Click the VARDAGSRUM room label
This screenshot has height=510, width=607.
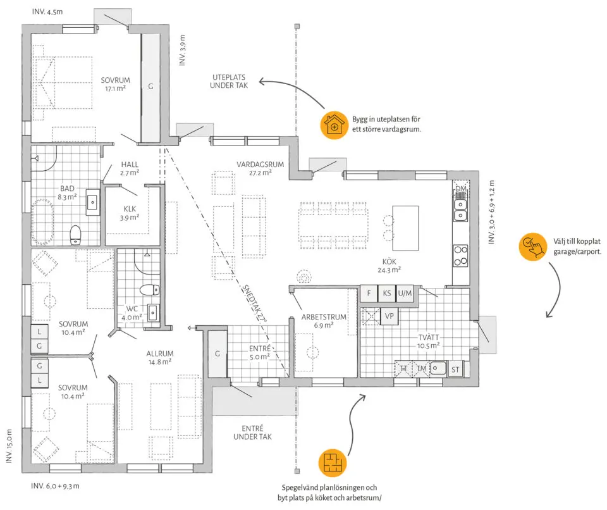click(260, 165)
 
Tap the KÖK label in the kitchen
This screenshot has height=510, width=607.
click(389, 261)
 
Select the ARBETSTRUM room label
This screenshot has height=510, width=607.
click(324, 317)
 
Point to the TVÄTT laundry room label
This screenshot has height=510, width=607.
click(428, 337)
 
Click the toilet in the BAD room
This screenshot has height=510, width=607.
click(75, 235)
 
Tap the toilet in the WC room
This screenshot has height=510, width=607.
click(149, 290)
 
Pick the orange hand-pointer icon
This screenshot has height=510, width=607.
click(533, 247)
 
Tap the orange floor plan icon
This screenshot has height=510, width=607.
click(332, 463)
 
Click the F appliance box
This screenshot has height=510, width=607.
click(369, 294)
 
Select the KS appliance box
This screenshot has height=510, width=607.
click(387, 294)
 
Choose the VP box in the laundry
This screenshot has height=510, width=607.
click(389, 316)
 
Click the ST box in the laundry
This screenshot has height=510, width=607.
click(455, 370)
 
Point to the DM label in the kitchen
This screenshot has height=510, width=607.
click(461, 189)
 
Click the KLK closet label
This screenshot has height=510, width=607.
click(130, 209)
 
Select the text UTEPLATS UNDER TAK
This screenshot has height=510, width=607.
click(229, 82)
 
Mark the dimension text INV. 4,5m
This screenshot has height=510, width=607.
click(47, 11)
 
